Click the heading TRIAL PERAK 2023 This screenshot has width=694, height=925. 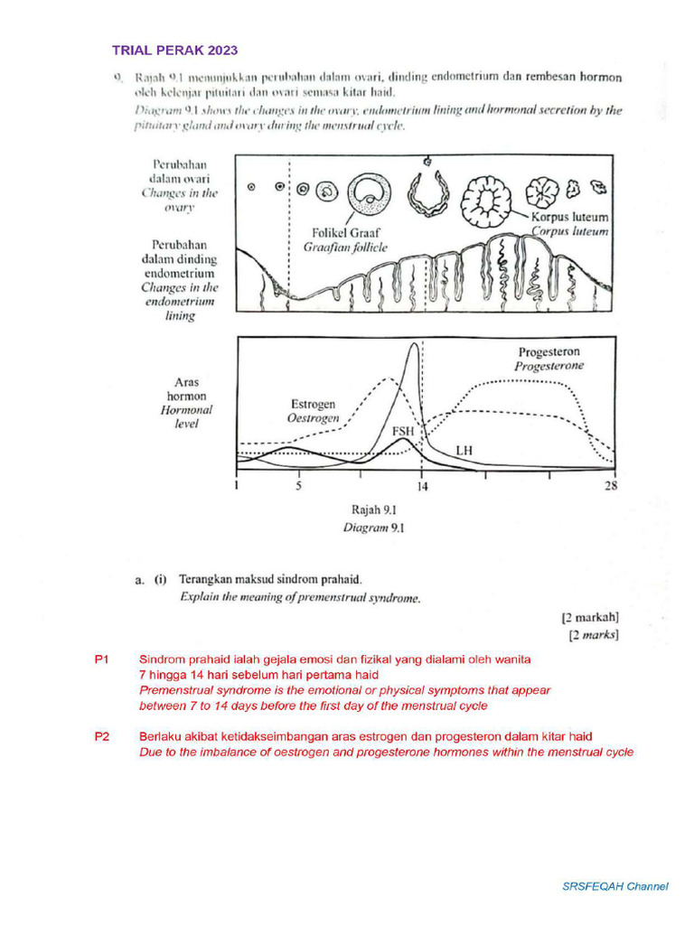(x=175, y=51)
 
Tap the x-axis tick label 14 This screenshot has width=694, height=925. (x=422, y=487)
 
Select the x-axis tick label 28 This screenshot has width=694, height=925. (x=611, y=487)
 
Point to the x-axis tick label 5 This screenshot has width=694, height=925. (x=298, y=487)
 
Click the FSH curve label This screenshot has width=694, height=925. (x=402, y=432)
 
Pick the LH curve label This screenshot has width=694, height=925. (x=464, y=449)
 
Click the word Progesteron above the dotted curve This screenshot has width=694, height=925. (x=549, y=351)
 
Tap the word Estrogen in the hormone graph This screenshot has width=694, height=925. (x=313, y=404)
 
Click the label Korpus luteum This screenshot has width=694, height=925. (x=570, y=218)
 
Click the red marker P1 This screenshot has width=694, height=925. (x=101, y=659)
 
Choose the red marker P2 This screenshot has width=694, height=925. (x=101, y=737)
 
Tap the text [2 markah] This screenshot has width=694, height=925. (x=590, y=618)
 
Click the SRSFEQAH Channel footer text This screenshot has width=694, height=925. (x=615, y=886)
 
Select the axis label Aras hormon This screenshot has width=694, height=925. (x=185, y=389)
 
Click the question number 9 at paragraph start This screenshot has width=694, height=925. (x=117, y=78)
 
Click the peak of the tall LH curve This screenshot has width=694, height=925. (x=414, y=344)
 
